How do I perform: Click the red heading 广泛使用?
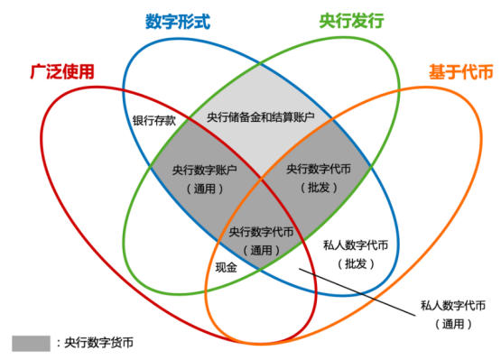pos(60,70)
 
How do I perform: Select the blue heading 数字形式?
pos(177,21)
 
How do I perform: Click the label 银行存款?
pos(152,119)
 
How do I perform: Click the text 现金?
pos(226,268)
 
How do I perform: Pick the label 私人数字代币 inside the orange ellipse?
pos(356,245)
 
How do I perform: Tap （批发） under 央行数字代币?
pos(319,187)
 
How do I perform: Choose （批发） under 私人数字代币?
pos(356,263)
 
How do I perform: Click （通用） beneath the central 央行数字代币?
pos(262,250)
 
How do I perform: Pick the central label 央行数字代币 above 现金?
pos(262,232)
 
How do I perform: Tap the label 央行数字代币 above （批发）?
pos(319,169)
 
